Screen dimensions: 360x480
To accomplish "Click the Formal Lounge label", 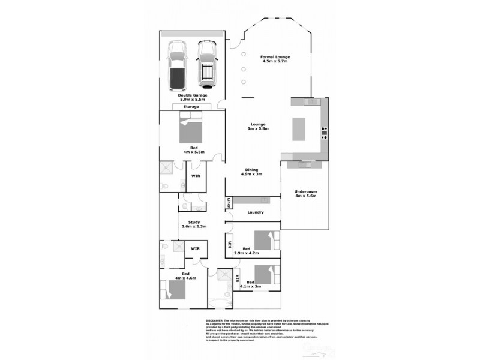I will tap(275, 59).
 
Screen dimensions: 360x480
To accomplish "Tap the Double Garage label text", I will tap(191, 97).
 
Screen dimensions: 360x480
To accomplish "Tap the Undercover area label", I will tap(306, 195).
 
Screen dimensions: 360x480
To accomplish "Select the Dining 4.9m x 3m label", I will tap(253, 172).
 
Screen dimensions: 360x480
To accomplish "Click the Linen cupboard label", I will tap(229, 203).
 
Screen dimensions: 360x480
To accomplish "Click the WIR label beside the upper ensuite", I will tap(195, 176).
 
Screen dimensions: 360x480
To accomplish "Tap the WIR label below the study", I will tap(195, 248).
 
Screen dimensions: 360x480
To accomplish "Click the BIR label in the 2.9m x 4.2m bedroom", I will tap(230, 245).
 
